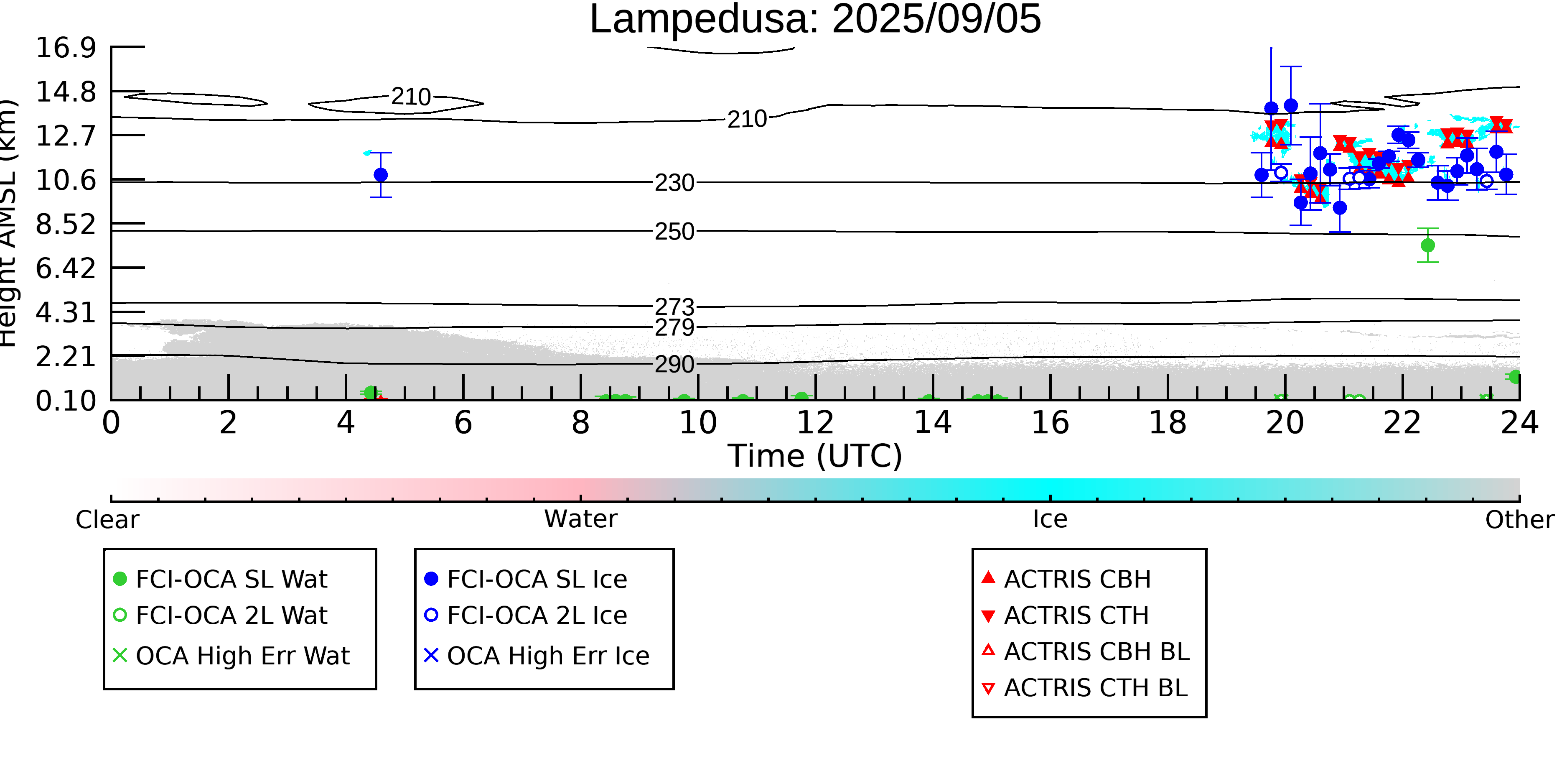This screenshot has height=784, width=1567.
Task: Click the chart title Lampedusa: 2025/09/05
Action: [815, 20]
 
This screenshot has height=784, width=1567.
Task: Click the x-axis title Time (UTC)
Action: [815, 456]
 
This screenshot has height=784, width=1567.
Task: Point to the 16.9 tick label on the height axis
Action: [66, 48]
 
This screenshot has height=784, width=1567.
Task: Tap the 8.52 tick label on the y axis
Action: [66, 225]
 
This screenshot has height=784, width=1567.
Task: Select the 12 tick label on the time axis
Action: [815, 422]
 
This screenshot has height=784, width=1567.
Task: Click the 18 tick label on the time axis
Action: [1168, 422]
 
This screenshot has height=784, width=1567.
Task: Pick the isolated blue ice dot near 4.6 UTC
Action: [381, 175]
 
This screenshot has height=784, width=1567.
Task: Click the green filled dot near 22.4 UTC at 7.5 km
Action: [1428, 245]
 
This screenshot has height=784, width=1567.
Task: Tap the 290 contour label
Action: [674, 365]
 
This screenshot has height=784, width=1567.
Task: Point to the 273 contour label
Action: [674, 307]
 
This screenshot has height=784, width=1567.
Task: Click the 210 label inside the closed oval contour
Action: [411, 97]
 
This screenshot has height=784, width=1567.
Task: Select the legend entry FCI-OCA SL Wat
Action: [220, 579]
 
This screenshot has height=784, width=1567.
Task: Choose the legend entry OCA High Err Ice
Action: [537, 656]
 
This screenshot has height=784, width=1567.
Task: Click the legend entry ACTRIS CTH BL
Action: [1085, 688]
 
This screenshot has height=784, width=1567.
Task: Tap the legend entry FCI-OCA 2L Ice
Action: [526, 615]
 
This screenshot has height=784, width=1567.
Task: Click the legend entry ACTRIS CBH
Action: [1066, 579]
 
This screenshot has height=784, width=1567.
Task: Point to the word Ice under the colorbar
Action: [1050, 519]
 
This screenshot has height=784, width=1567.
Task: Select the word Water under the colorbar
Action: [581, 519]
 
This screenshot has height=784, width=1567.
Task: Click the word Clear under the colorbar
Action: [107, 519]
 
